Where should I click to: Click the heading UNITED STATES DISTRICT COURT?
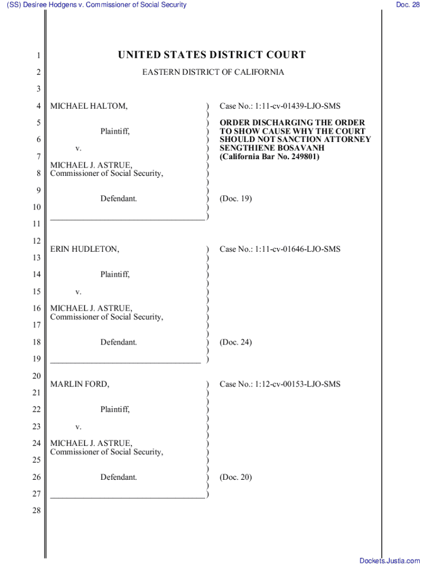tap(211, 55)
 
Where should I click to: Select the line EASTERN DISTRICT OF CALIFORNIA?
tap(213, 73)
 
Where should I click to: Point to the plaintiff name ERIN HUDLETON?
tap(85, 249)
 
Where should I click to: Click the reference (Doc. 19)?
tap(236, 198)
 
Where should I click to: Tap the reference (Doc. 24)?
tap(236, 342)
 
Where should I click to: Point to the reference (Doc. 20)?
tap(236, 477)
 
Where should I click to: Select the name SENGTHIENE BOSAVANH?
tap(263, 148)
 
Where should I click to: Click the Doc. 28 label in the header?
tap(408, 5)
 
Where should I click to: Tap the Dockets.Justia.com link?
tap(390, 561)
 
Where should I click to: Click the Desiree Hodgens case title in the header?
tap(96, 5)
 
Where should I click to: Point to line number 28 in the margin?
tap(37, 510)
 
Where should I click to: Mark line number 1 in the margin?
tap(38, 55)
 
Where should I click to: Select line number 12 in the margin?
tap(37, 241)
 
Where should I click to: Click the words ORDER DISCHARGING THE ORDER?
tap(292, 123)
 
